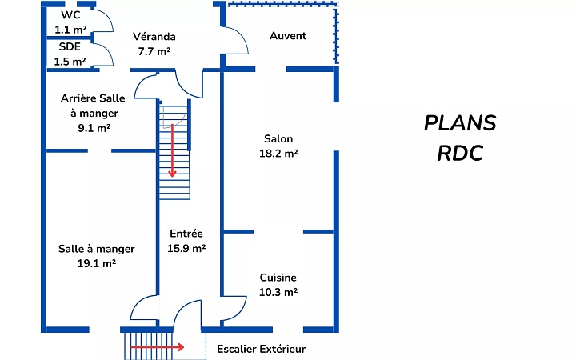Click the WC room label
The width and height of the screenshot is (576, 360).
[70, 14]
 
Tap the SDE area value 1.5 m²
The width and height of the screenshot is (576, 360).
[70, 62]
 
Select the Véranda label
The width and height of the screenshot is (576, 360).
[154, 37]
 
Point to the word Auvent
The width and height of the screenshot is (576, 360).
[288, 36]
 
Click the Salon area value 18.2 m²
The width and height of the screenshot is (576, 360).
[278, 154]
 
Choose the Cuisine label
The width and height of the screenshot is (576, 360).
[278, 278]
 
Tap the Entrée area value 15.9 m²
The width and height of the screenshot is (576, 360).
[186, 249]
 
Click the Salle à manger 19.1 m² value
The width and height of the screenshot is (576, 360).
[97, 263]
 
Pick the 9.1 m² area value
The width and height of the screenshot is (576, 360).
[94, 128]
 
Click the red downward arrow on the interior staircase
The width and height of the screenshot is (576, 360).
[172, 152]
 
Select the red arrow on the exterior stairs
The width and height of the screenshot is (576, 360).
[158, 347]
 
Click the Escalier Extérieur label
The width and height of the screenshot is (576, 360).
[262, 349]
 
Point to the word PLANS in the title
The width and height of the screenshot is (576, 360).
[460, 123]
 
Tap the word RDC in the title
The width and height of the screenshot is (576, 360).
[460, 153]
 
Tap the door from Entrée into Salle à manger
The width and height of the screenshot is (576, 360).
[144, 308]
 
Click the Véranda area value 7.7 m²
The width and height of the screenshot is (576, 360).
[154, 51]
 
